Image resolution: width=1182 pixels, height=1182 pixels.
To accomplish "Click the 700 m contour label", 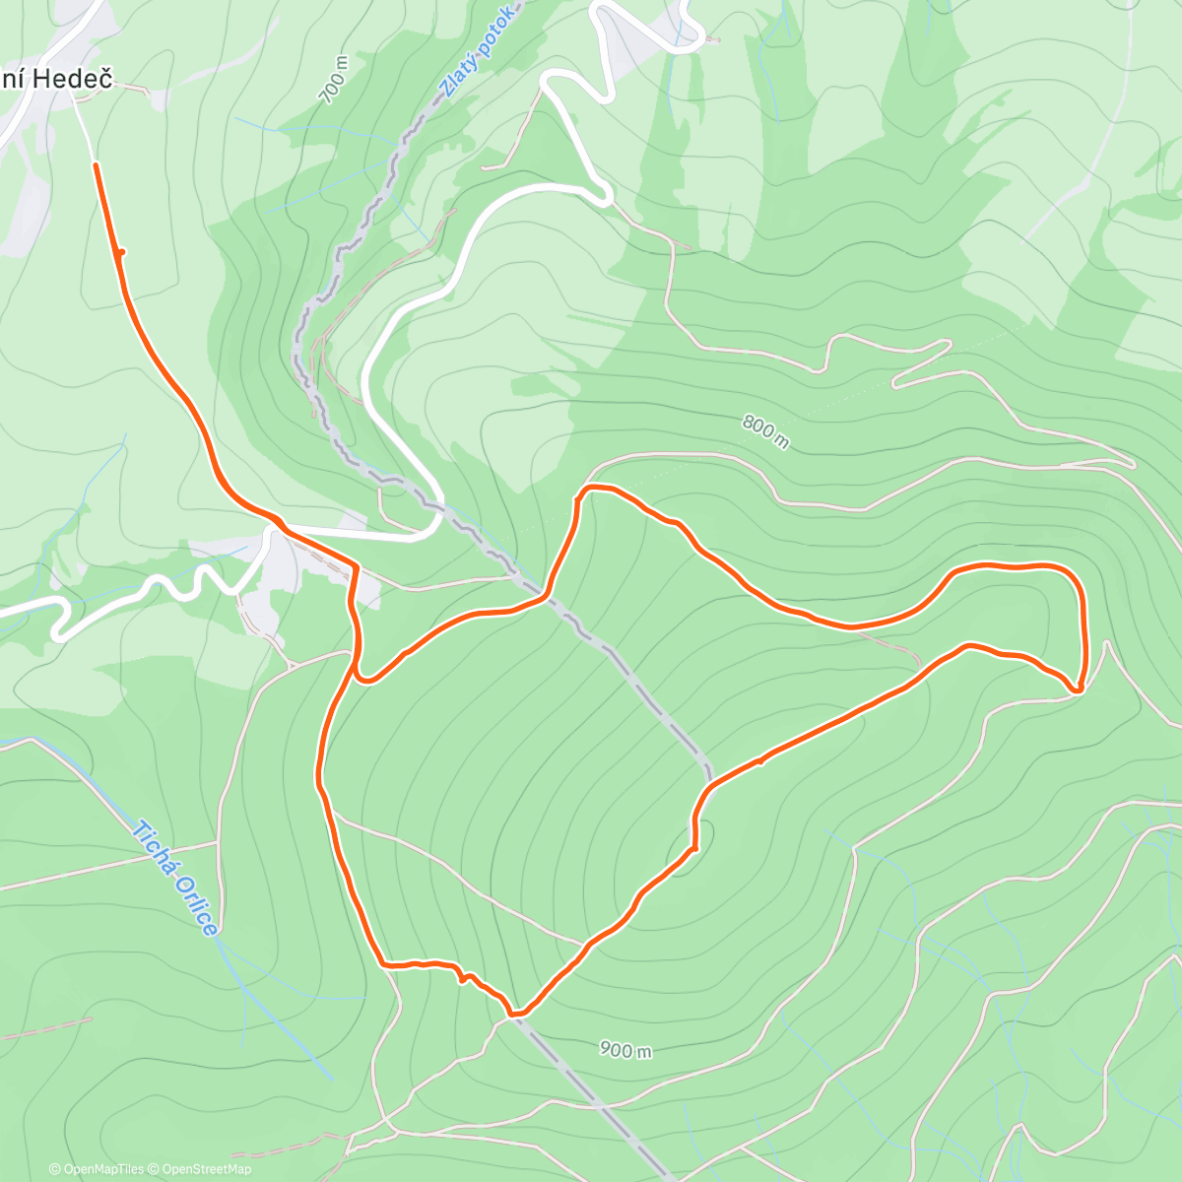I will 335,79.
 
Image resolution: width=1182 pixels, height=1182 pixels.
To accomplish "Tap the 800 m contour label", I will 765,430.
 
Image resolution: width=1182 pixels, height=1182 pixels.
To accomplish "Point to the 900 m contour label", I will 625,1050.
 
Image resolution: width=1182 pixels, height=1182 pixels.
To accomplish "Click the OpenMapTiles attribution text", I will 102,1169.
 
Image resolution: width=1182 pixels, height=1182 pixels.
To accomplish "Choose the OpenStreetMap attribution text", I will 207,1169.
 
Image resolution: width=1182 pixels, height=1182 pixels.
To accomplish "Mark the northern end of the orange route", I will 96,165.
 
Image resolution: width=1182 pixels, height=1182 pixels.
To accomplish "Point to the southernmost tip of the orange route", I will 514,1012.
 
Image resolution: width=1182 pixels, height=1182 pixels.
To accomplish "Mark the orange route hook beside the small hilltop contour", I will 694,845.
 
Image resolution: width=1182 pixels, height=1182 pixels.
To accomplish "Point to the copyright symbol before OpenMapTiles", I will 54,1169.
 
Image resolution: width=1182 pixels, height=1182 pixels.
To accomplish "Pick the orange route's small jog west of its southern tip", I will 462,977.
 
